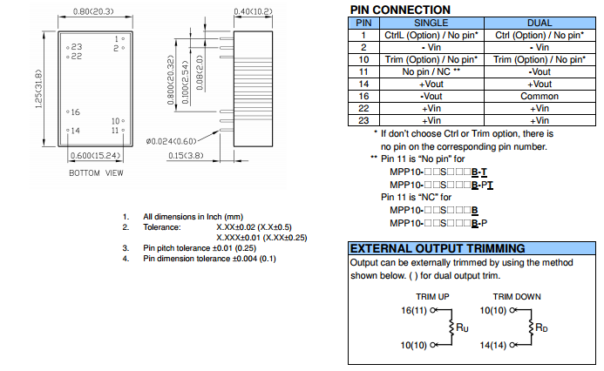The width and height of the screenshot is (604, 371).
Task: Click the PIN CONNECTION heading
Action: coord(401,9)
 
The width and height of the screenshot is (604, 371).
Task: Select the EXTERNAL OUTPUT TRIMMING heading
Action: coord(437,248)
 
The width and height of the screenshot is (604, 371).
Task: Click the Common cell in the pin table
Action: coord(540,96)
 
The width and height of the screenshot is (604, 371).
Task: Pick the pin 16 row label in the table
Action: coord(364,96)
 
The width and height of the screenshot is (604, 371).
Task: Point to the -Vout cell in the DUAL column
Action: coord(540,71)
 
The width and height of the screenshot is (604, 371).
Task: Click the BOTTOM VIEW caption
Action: coord(96,173)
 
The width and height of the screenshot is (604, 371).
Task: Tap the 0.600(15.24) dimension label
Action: coord(96,156)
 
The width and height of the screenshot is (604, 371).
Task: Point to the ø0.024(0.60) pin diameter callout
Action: coord(172,140)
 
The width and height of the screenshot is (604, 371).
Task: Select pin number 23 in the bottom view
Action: coord(77,46)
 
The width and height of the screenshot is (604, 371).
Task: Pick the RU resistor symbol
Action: coord(452,327)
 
